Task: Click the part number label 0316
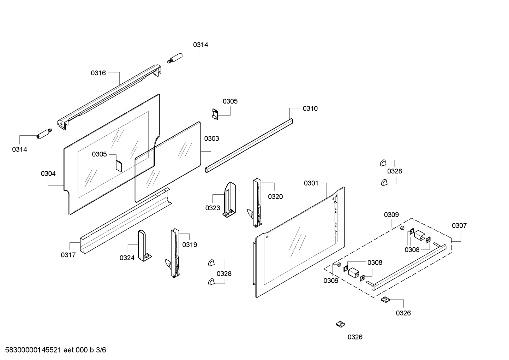click(98, 73)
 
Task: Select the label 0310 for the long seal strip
click(310, 108)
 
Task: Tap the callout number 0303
click(211, 138)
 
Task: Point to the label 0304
click(48, 173)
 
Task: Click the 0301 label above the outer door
click(311, 183)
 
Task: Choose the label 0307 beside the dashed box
click(459, 225)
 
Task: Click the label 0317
click(68, 255)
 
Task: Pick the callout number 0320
click(275, 197)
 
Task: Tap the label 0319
click(190, 244)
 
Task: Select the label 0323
click(212, 208)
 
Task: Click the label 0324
click(127, 258)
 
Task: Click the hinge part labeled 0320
click(257, 203)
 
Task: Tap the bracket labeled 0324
click(144, 246)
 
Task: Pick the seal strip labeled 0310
click(249, 146)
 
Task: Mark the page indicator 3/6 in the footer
click(101, 350)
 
